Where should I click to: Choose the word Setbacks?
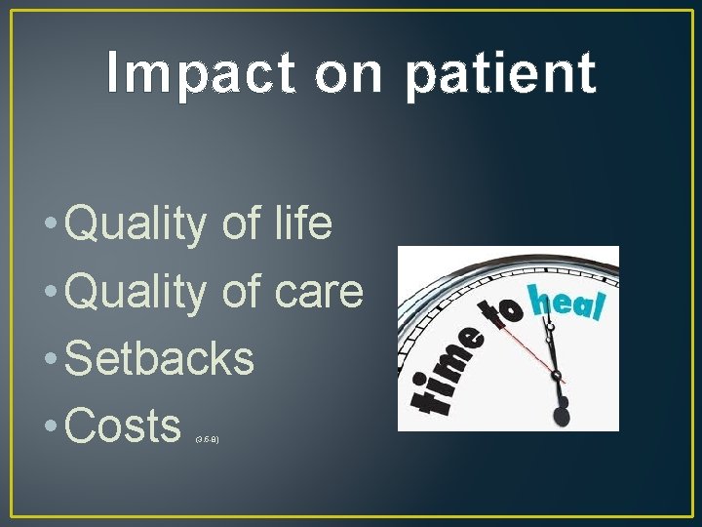pos(159,358)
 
